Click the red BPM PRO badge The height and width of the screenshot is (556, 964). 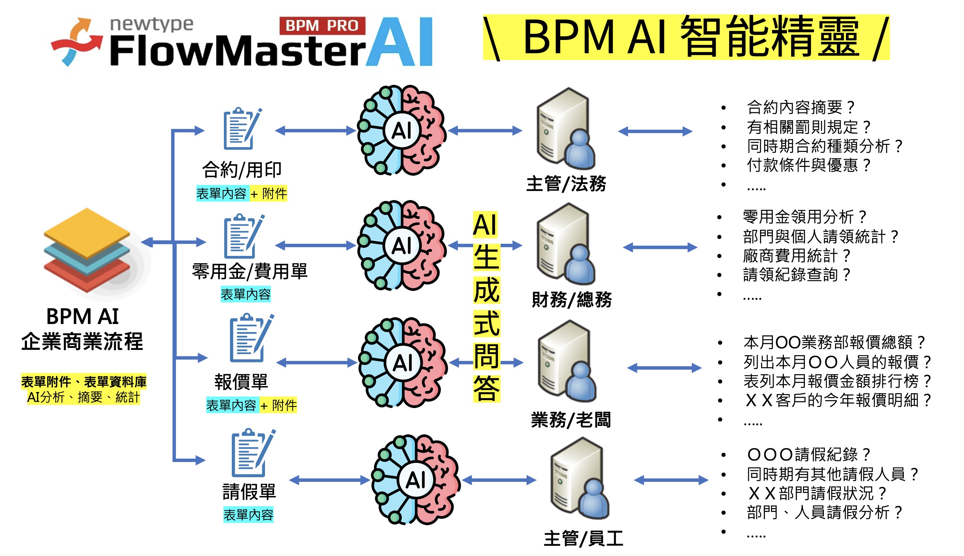322,25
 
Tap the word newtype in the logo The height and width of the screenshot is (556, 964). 152,24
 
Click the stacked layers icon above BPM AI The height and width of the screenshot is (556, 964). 87,250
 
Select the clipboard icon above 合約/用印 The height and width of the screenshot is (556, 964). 242,129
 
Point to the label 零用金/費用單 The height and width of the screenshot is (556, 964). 250,272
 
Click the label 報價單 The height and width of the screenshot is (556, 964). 241,381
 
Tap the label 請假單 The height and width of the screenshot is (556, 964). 249,491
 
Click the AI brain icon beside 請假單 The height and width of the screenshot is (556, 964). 416,480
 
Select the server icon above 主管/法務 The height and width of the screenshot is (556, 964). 565,129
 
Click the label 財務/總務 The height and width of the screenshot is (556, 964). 571,299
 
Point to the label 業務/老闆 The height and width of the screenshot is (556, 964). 571,420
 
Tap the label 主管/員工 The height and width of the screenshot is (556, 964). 583,539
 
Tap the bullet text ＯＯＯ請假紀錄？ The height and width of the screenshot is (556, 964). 809,454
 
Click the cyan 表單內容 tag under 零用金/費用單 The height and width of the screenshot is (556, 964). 246,294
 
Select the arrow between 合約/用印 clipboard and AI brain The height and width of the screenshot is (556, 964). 315,130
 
